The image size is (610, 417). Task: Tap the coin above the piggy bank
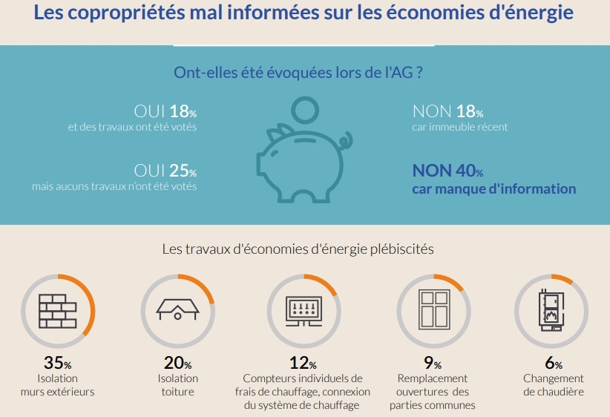304,111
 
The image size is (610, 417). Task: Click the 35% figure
57,364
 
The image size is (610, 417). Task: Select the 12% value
303,364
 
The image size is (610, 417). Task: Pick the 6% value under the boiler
552,364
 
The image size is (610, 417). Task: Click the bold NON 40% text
447,171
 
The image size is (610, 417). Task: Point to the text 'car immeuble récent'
460,127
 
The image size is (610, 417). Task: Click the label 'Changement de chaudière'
553,385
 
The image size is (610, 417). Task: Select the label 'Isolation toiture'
177,385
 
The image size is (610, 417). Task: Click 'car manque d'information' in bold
494,188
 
